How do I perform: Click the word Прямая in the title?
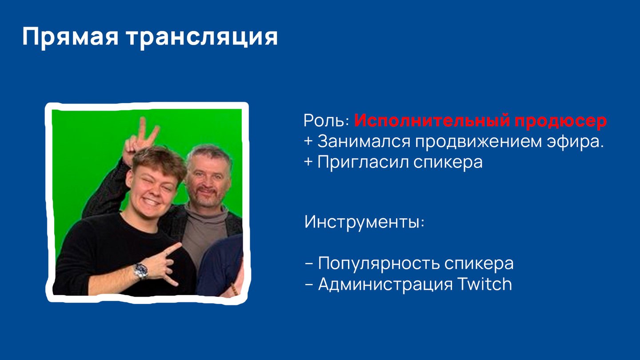click(70, 37)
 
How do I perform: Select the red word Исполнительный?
click(432, 120)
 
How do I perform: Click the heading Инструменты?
click(364, 222)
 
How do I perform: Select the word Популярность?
click(379, 264)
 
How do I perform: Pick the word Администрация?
click(385, 284)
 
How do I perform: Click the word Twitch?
click(485, 284)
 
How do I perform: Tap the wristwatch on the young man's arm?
click(141, 271)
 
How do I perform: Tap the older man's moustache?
click(206, 191)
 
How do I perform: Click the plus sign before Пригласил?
click(308, 162)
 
